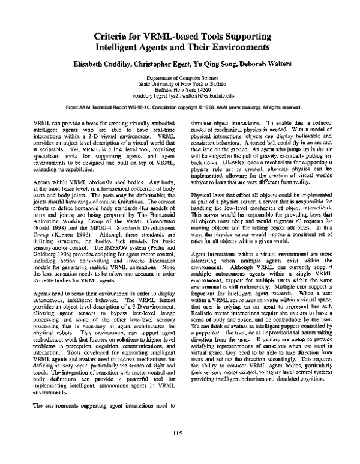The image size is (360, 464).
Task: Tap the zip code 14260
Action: click(200, 89)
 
